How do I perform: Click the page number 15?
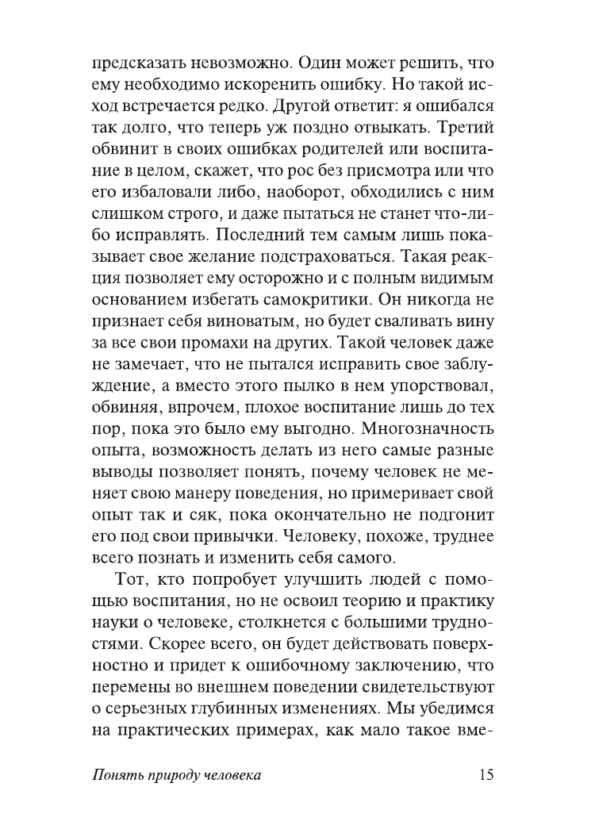(484, 775)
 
